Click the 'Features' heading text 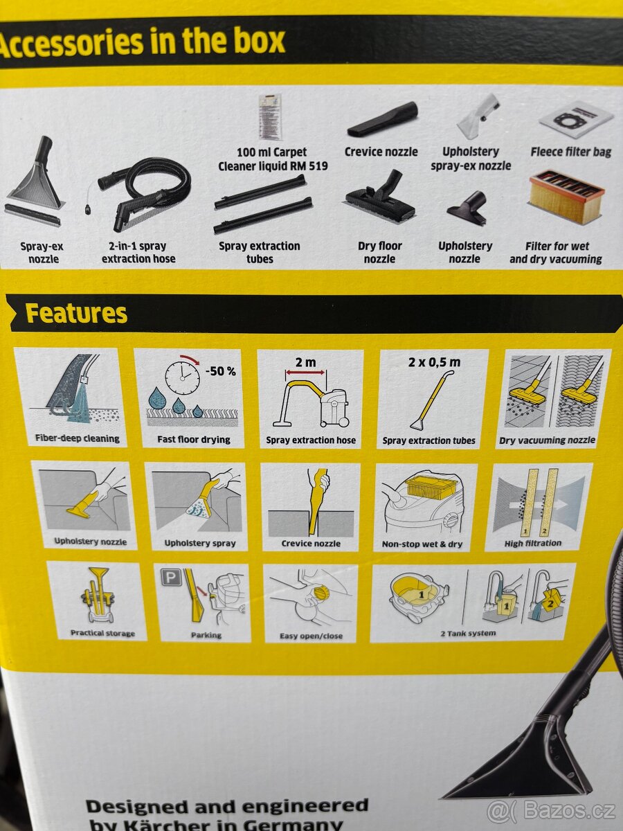pyautogui.click(x=76, y=314)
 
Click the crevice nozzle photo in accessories pyautogui.click(x=382, y=120)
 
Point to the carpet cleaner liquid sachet pyautogui.click(x=271, y=117)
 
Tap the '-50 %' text pyautogui.click(x=221, y=371)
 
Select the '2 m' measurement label pyautogui.click(x=306, y=362)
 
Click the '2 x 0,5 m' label pyautogui.click(x=434, y=362)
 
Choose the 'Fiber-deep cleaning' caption pyautogui.click(x=78, y=438)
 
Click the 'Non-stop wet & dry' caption pyautogui.click(x=422, y=544)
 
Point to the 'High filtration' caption pyautogui.click(x=532, y=544)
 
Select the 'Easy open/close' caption pyautogui.click(x=311, y=636)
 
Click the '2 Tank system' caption pyautogui.click(x=468, y=634)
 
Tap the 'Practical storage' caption pyautogui.click(x=102, y=634)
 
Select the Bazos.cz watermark pyautogui.click(x=552, y=810)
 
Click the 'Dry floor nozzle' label pyautogui.click(x=380, y=253)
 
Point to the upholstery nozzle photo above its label pyautogui.click(x=467, y=208)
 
